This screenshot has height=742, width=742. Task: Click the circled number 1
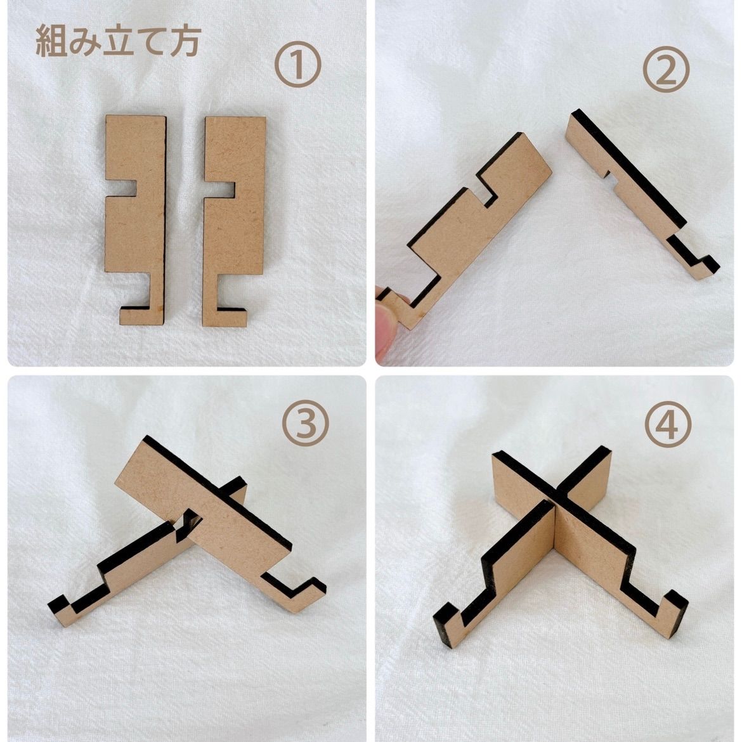coord(297,64)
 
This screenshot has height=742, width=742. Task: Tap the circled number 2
coord(665,69)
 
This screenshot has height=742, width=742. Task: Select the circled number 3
coord(305,422)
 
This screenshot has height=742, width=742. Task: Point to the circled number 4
coord(668,424)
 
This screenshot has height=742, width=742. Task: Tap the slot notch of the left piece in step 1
coord(120,188)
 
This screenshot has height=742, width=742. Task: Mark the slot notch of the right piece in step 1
coord(220,189)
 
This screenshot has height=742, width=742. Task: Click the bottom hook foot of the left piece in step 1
coord(142,315)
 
